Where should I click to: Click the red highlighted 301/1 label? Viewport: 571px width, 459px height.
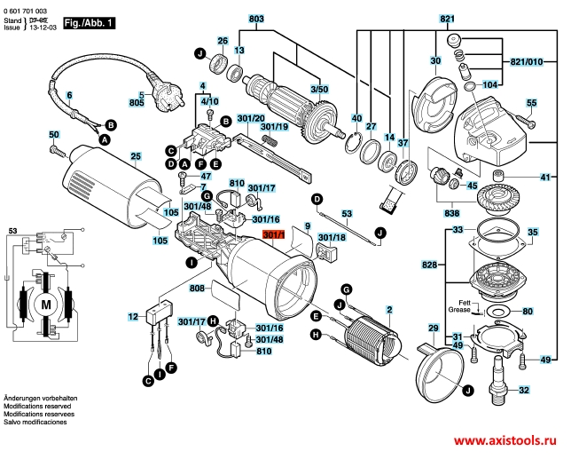coord(273,234)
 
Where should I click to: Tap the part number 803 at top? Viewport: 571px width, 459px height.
coord(256,19)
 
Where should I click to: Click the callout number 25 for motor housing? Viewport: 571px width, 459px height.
coord(136,157)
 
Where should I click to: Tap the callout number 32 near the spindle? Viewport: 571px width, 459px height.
coord(524,390)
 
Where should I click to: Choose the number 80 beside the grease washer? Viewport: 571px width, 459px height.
coord(528,312)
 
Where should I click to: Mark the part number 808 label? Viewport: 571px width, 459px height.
coord(196,289)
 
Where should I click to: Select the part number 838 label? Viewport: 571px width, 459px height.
coord(452,213)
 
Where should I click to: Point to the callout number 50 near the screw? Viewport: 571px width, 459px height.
coord(54,134)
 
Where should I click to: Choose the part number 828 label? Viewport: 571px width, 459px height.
coord(429,265)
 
